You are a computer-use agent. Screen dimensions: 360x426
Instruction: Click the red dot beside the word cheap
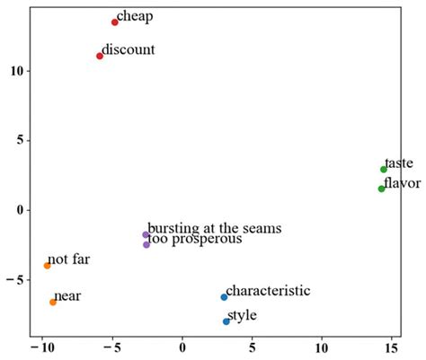115,22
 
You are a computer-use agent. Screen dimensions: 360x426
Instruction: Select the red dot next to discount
100,56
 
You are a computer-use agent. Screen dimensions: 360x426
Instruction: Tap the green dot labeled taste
384,169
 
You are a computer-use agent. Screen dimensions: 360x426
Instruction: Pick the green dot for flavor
382,189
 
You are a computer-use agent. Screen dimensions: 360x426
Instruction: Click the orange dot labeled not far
48,266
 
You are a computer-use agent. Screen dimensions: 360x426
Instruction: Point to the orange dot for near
53,302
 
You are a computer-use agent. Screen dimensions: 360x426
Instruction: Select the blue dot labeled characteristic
224,297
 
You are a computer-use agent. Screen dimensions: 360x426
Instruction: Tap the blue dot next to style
226,321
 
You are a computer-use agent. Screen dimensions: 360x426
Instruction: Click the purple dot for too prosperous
146,244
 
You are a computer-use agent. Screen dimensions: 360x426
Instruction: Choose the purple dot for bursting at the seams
146,234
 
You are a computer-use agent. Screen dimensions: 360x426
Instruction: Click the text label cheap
136,16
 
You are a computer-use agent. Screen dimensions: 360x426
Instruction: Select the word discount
129,49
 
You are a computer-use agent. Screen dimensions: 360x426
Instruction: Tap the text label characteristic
268,291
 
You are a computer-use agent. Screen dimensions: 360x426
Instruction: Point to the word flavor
403,183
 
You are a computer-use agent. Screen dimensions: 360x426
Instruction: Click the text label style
243,315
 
